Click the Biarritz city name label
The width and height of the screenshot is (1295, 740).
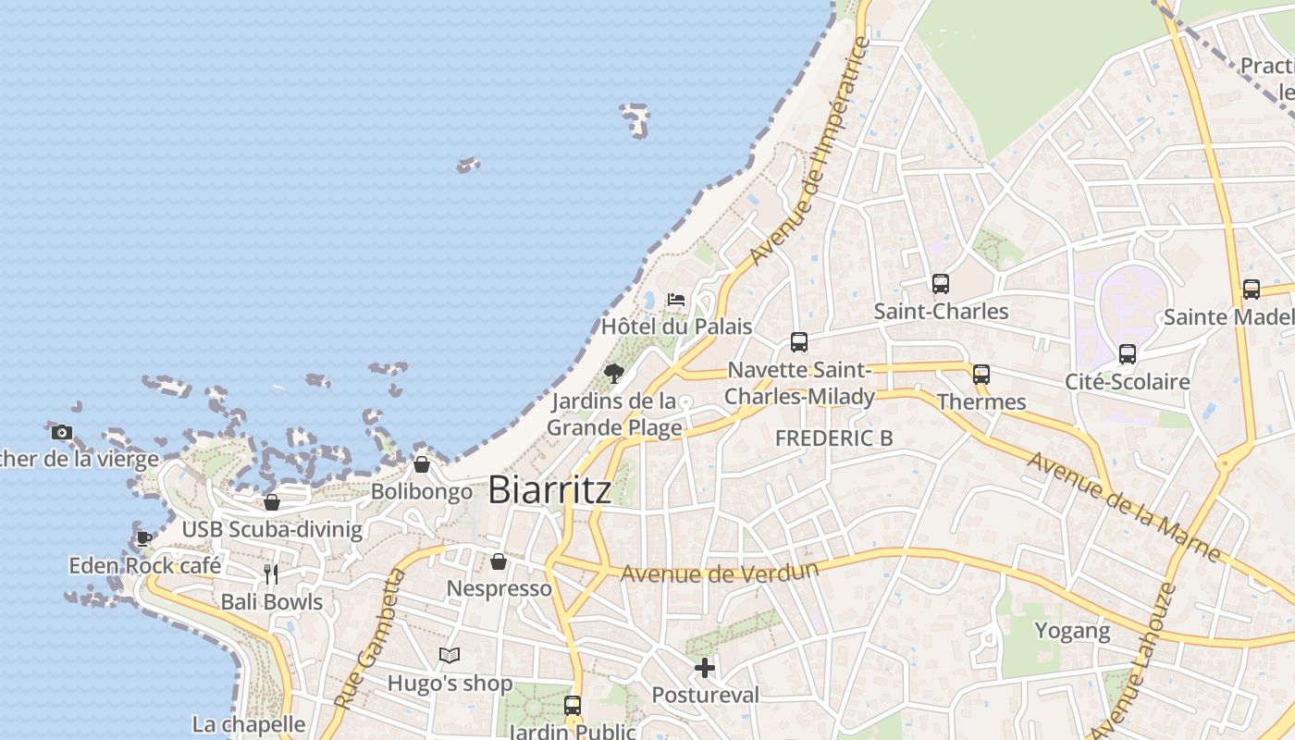point(549,489)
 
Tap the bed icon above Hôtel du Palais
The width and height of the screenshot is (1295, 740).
point(676,300)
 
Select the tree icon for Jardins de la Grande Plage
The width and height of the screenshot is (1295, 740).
point(613,374)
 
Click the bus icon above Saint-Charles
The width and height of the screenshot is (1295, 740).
point(941,284)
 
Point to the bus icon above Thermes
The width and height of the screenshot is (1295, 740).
point(981,375)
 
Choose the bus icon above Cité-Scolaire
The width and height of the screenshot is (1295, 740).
point(1127,354)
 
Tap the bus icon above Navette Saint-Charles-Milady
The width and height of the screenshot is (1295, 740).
point(799,342)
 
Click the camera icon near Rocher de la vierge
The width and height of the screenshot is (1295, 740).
point(62,432)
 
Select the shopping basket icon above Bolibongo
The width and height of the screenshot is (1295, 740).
point(422,464)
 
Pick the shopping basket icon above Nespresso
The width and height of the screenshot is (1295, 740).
point(499,561)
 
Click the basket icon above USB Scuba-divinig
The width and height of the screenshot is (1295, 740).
point(272,502)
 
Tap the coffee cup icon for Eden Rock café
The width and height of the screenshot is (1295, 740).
point(144,537)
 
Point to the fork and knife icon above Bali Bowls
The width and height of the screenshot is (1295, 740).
point(271,574)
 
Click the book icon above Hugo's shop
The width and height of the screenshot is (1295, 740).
point(450,656)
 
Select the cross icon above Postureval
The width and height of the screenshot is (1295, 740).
point(705,667)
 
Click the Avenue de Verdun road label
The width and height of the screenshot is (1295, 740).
point(719,573)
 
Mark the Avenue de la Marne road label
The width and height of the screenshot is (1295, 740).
point(1123,505)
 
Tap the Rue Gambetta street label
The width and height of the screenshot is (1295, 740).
point(370,639)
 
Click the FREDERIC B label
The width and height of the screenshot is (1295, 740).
point(833,438)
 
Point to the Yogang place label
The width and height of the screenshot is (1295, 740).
point(1072,631)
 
